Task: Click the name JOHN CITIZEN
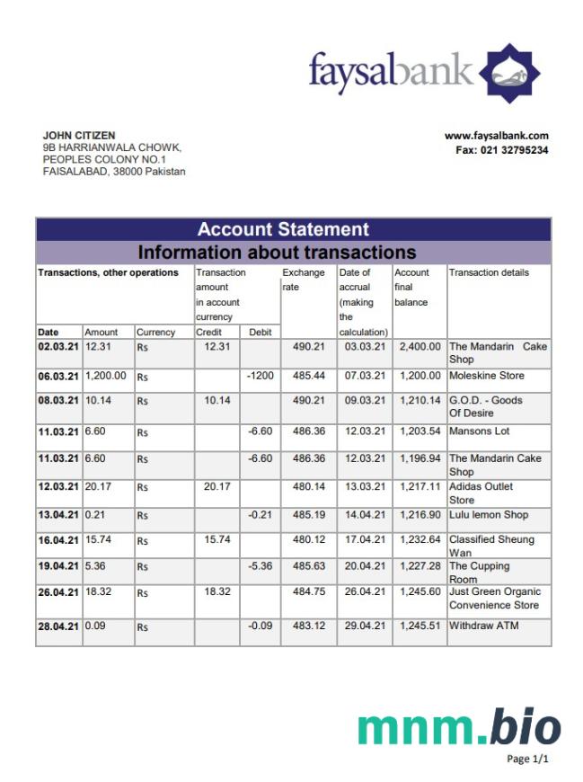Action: (79, 136)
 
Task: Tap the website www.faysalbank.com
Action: (496, 136)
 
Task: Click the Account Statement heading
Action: (282, 229)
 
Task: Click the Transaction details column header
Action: (489, 272)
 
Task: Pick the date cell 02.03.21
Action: (58, 346)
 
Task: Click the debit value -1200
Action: (260, 376)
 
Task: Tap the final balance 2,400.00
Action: (420, 346)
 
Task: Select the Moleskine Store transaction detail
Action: (486, 376)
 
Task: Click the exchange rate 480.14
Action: (308, 486)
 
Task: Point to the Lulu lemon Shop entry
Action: (489, 515)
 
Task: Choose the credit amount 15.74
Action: (217, 539)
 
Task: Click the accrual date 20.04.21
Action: (364, 566)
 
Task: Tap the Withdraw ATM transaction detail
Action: (483, 626)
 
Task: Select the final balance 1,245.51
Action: (420, 626)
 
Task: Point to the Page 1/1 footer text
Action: (527, 760)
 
